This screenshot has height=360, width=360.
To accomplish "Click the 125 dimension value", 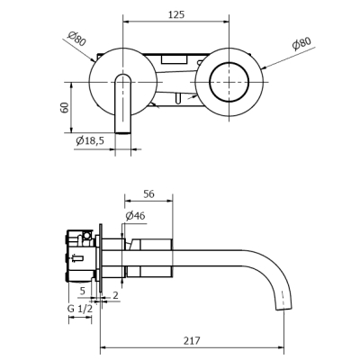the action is (x=176, y=14).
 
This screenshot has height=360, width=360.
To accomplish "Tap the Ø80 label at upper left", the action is (x=76, y=39).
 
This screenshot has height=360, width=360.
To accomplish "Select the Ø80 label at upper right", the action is (x=301, y=43).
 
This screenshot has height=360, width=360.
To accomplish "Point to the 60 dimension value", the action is (x=65, y=107).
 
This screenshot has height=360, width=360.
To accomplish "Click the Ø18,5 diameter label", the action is (x=90, y=140).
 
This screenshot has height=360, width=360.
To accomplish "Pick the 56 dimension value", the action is (x=148, y=194).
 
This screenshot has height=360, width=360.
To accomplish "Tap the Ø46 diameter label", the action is (x=135, y=215).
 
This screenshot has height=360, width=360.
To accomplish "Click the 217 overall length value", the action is (x=192, y=340).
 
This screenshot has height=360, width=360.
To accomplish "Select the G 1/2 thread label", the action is (x=80, y=309).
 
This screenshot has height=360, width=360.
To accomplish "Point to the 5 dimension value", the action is (x=83, y=291).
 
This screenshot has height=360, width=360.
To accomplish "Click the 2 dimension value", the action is (x=115, y=295).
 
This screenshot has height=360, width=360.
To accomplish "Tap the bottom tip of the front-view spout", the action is (x=123, y=133).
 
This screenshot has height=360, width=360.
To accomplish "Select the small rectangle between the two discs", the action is (x=175, y=59).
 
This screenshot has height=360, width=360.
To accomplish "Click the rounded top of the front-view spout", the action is (x=123, y=74).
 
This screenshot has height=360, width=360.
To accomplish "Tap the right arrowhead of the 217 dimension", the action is (x=281, y=347).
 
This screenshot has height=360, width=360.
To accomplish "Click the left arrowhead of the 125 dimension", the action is (x=126, y=22).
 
